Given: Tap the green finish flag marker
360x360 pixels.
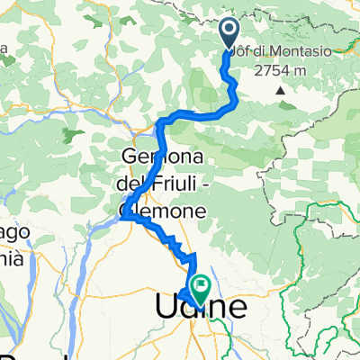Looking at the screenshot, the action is tap(199, 288).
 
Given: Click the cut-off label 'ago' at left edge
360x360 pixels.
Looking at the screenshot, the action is tap(11, 232).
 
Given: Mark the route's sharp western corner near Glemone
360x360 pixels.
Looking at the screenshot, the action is tap(123, 216).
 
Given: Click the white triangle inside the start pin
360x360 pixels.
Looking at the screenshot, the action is tap(228, 31).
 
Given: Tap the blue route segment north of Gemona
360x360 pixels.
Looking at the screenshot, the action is tap(162, 135).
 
